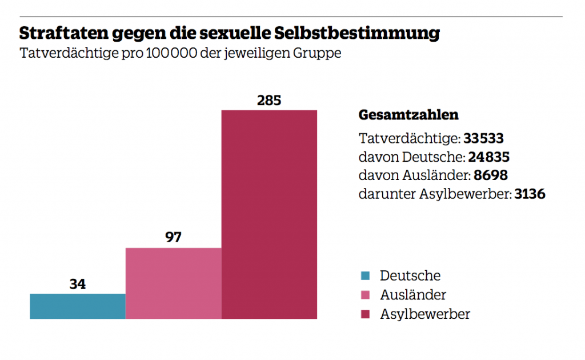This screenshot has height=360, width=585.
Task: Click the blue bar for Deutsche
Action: point(77,306)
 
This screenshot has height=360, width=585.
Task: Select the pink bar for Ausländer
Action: point(173,283)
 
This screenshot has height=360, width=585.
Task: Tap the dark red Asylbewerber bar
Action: point(269,214)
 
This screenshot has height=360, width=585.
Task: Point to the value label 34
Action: point(77,284)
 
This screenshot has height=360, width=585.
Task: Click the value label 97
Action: point(173,237)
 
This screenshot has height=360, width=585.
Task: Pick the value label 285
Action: point(269,101)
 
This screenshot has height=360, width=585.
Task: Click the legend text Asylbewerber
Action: point(425,314)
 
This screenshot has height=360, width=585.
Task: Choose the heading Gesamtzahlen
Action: point(408,115)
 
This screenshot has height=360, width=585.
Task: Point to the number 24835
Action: point(488,157)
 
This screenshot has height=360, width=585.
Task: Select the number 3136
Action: point(530,194)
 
